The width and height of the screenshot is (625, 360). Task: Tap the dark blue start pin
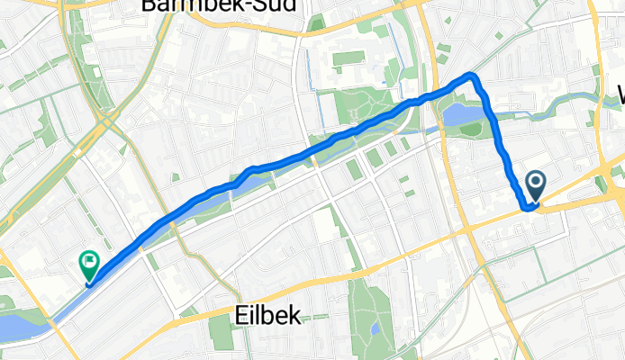coord(535,186)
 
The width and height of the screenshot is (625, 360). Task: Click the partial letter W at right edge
coord(620,94)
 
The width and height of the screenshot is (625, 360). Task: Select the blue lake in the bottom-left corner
coord(18,325)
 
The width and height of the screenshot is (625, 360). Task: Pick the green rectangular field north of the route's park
coord(349,59)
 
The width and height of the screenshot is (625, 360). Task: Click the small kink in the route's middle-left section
coord(249,171)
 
